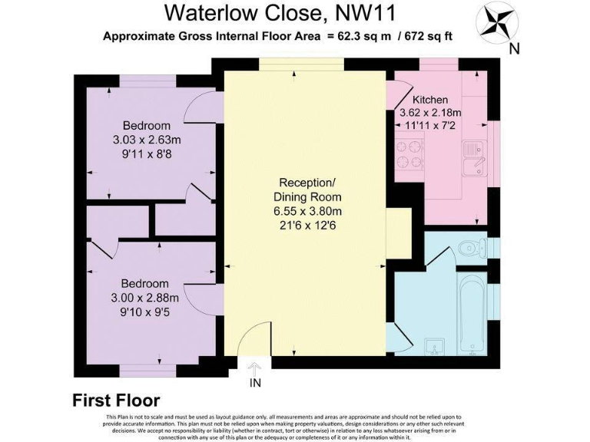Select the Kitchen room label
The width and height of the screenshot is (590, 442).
[x=429, y=100]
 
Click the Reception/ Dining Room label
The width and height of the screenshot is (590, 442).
[x=307, y=190]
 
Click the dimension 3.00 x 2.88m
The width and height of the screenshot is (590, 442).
[x=146, y=298]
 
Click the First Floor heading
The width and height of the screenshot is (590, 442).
[x=116, y=401]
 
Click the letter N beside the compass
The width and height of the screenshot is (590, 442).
[x=515, y=48]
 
